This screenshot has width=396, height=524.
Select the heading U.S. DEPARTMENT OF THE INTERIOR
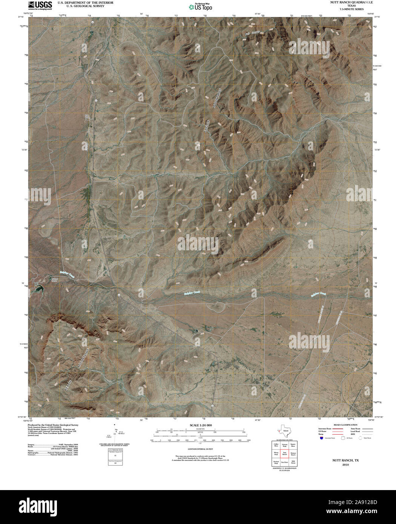(85, 3)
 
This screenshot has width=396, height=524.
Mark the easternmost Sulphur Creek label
(318, 294)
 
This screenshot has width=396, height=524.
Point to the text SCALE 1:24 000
(200, 425)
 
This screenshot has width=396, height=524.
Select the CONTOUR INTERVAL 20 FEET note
(200, 449)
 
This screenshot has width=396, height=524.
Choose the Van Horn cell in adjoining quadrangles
(285, 462)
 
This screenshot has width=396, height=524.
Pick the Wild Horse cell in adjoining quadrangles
(293, 462)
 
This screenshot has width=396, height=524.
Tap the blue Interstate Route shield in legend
(321, 438)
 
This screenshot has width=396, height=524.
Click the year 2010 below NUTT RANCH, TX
(345, 465)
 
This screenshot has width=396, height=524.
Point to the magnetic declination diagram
(115, 434)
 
